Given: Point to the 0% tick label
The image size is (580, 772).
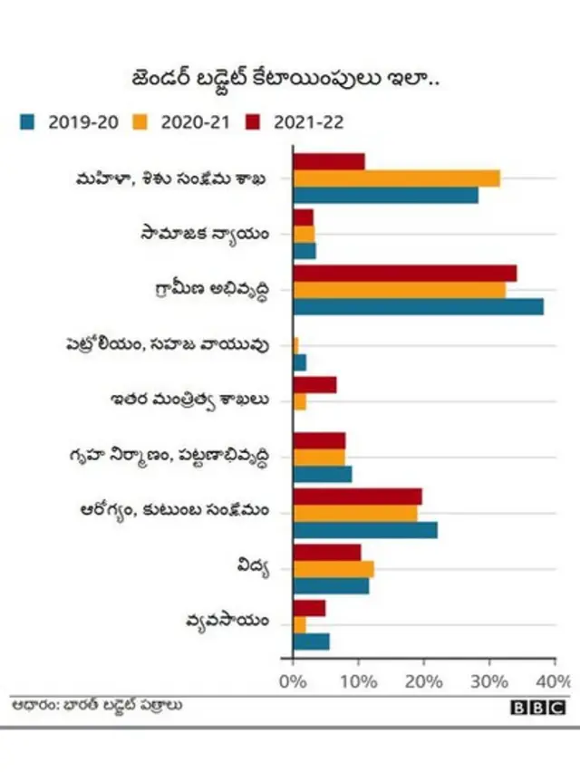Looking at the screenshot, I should (x=294, y=680).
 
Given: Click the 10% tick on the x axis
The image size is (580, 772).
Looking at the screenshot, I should (x=359, y=680).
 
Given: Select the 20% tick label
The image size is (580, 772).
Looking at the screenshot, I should (x=424, y=680).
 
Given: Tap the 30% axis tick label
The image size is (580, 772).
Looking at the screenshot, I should (x=489, y=680).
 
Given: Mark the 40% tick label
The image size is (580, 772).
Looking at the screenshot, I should (x=554, y=680).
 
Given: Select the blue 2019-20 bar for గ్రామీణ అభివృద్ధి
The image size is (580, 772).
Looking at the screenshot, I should (x=418, y=306).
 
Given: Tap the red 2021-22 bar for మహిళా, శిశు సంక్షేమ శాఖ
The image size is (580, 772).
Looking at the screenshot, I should (x=329, y=161).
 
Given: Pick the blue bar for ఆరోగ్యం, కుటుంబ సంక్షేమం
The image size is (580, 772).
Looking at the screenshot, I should (x=365, y=530).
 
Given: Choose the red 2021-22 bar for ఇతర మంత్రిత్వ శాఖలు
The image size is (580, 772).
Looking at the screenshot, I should (x=314, y=384).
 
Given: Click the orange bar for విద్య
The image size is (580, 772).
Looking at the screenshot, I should (x=333, y=569).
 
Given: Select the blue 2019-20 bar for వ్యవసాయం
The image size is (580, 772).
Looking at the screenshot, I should (x=312, y=642).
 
